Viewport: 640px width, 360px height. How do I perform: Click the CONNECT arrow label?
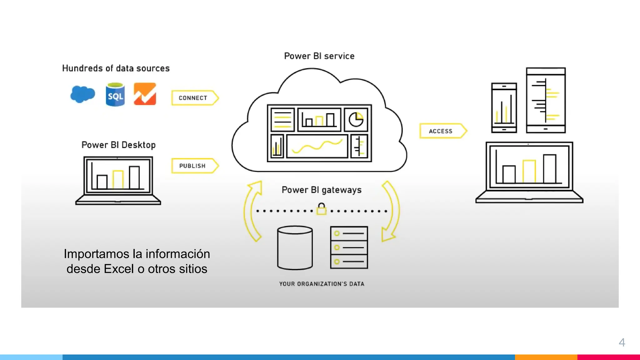193,98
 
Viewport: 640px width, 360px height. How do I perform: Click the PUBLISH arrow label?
193,166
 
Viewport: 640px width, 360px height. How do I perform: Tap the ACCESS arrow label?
441,131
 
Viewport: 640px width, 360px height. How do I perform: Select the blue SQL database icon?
115,95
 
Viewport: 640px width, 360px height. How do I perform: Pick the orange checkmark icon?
145,94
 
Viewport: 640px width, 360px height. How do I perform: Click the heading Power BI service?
319,56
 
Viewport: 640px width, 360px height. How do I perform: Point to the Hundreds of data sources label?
116,68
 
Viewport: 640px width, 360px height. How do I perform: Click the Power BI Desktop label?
118,145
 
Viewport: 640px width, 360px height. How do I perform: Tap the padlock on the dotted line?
321,209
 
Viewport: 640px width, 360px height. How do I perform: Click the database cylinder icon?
295,247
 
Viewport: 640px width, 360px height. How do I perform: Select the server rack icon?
349,247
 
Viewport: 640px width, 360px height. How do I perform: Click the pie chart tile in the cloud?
356,120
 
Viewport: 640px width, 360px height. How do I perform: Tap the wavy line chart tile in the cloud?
317,146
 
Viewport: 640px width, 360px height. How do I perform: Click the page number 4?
622,342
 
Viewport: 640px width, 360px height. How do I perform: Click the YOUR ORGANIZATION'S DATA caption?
322,284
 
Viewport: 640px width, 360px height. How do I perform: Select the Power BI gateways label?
322,190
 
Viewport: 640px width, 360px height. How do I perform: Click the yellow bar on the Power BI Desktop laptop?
118,179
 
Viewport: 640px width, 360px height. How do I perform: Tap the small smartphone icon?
504,108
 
